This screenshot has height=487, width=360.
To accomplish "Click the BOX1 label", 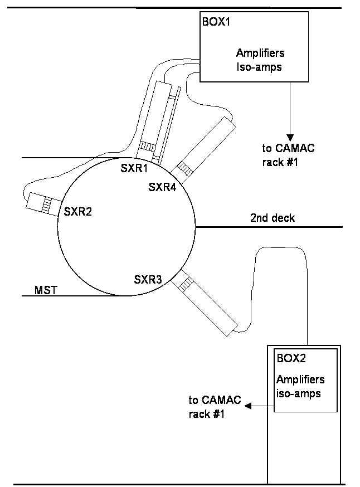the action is pyautogui.click(x=216, y=22).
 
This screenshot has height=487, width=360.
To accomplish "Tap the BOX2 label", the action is pyautogui.click(x=291, y=358).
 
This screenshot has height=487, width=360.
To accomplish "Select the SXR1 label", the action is pyautogui.click(x=134, y=168).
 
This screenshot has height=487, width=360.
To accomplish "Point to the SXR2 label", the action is pyautogui.click(x=78, y=212).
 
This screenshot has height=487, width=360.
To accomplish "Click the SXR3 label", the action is pyautogui.click(x=148, y=280).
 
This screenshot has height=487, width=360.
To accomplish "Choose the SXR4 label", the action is pyautogui.click(x=162, y=187).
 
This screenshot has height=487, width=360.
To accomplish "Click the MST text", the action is pyautogui.click(x=46, y=290).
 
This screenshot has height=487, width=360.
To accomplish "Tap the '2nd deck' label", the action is pyautogui.click(x=273, y=218).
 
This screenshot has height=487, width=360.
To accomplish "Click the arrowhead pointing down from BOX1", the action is pyautogui.click(x=290, y=138).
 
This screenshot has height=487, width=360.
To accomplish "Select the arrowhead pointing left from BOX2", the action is pyautogui.click(x=248, y=406).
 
